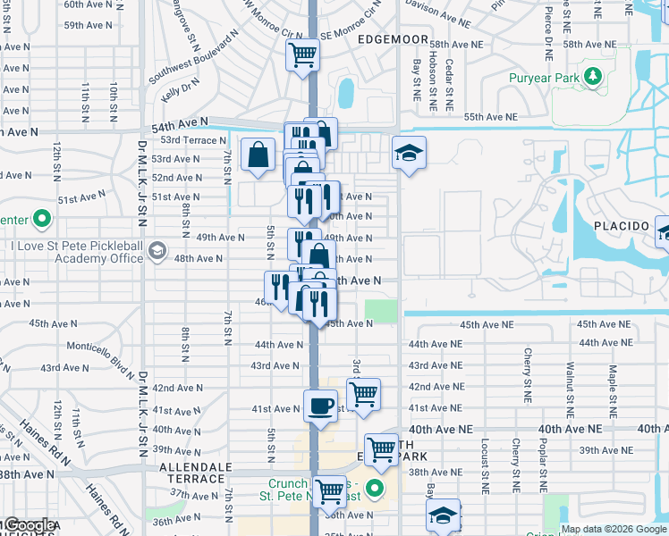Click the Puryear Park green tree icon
[x=591, y=78]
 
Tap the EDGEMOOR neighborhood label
[x=394, y=40]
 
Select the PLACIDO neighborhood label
[x=621, y=226]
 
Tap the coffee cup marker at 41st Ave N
[x=321, y=407]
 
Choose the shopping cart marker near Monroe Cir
[x=303, y=54]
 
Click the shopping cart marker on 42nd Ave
[x=363, y=393]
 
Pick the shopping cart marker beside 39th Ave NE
[x=381, y=449]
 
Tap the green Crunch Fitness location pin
[x=377, y=489]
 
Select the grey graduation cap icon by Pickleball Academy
[x=158, y=249]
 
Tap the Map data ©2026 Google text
[x=614, y=529]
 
